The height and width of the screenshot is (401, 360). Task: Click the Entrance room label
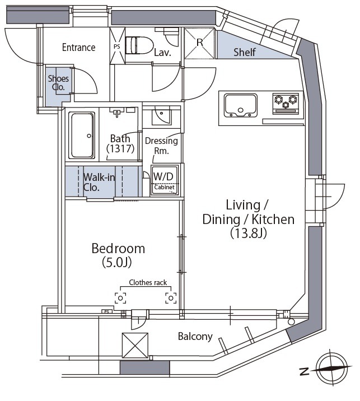click(x=78, y=47)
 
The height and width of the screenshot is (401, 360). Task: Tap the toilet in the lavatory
click(x=139, y=45)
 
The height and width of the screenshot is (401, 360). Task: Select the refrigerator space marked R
click(x=199, y=43)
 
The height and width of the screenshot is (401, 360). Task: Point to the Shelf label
click(x=245, y=52)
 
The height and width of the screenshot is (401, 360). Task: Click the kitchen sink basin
click(x=241, y=105)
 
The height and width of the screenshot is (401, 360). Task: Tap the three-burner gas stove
click(x=286, y=103)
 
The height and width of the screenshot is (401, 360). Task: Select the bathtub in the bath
click(x=82, y=135)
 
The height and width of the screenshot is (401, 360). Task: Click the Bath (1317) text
click(x=120, y=143)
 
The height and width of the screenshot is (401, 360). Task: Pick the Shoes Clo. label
click(x=58, y=82)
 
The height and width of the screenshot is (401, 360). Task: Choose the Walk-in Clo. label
click(x=99, y=182)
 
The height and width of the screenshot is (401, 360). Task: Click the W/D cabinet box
click(x=164, y=180)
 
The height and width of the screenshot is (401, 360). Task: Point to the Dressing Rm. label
click(x=161, y=146)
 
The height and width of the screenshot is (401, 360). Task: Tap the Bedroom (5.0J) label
click(x=118, y=255)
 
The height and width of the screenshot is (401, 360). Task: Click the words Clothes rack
click(x=148, y=283)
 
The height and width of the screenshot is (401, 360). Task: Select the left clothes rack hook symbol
click(x=120, y=298)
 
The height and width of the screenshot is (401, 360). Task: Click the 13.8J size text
click(x=249, y=233)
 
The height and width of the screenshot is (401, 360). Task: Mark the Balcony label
click(x=195, y=336)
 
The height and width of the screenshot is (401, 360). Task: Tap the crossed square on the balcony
click(x=135, y=345)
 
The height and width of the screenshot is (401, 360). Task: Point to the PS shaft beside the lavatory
click(x=117, y=46)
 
